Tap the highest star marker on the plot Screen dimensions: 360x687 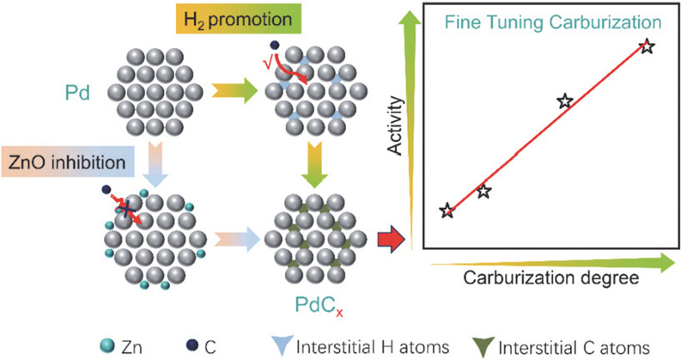pyautogui.click(x=649, y=46)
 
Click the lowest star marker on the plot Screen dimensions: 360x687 pyautogui.click(x=447, y=211)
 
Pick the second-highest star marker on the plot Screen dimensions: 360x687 pyautogui.click(x=564, y=101)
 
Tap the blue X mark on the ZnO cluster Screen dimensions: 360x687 pyautogui.click(x=125, y=206)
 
